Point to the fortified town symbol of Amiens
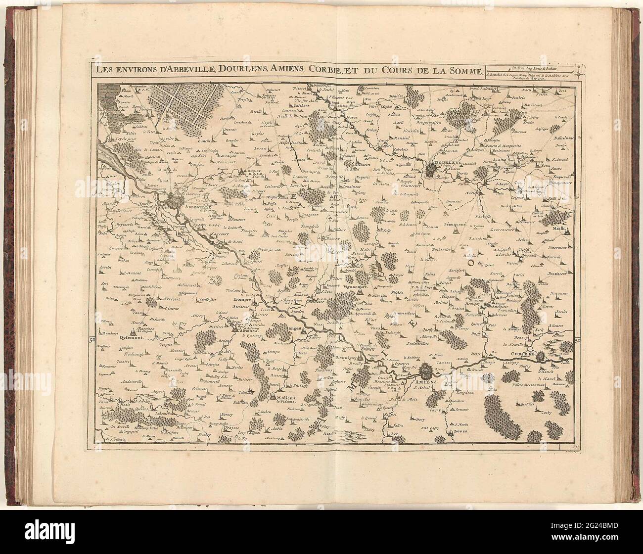(x=425, y=370)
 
